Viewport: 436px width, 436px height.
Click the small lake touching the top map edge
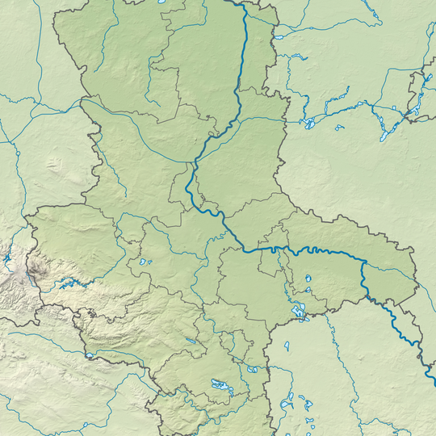coord(161,2)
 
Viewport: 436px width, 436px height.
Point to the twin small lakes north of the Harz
coord(144,262)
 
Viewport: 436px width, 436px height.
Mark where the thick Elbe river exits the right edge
coord(434,373)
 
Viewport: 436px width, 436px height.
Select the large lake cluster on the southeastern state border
coord(296,311)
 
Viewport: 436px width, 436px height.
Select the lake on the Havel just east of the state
coord(308,124)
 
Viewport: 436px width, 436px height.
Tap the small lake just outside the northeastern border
coord(279,37)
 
